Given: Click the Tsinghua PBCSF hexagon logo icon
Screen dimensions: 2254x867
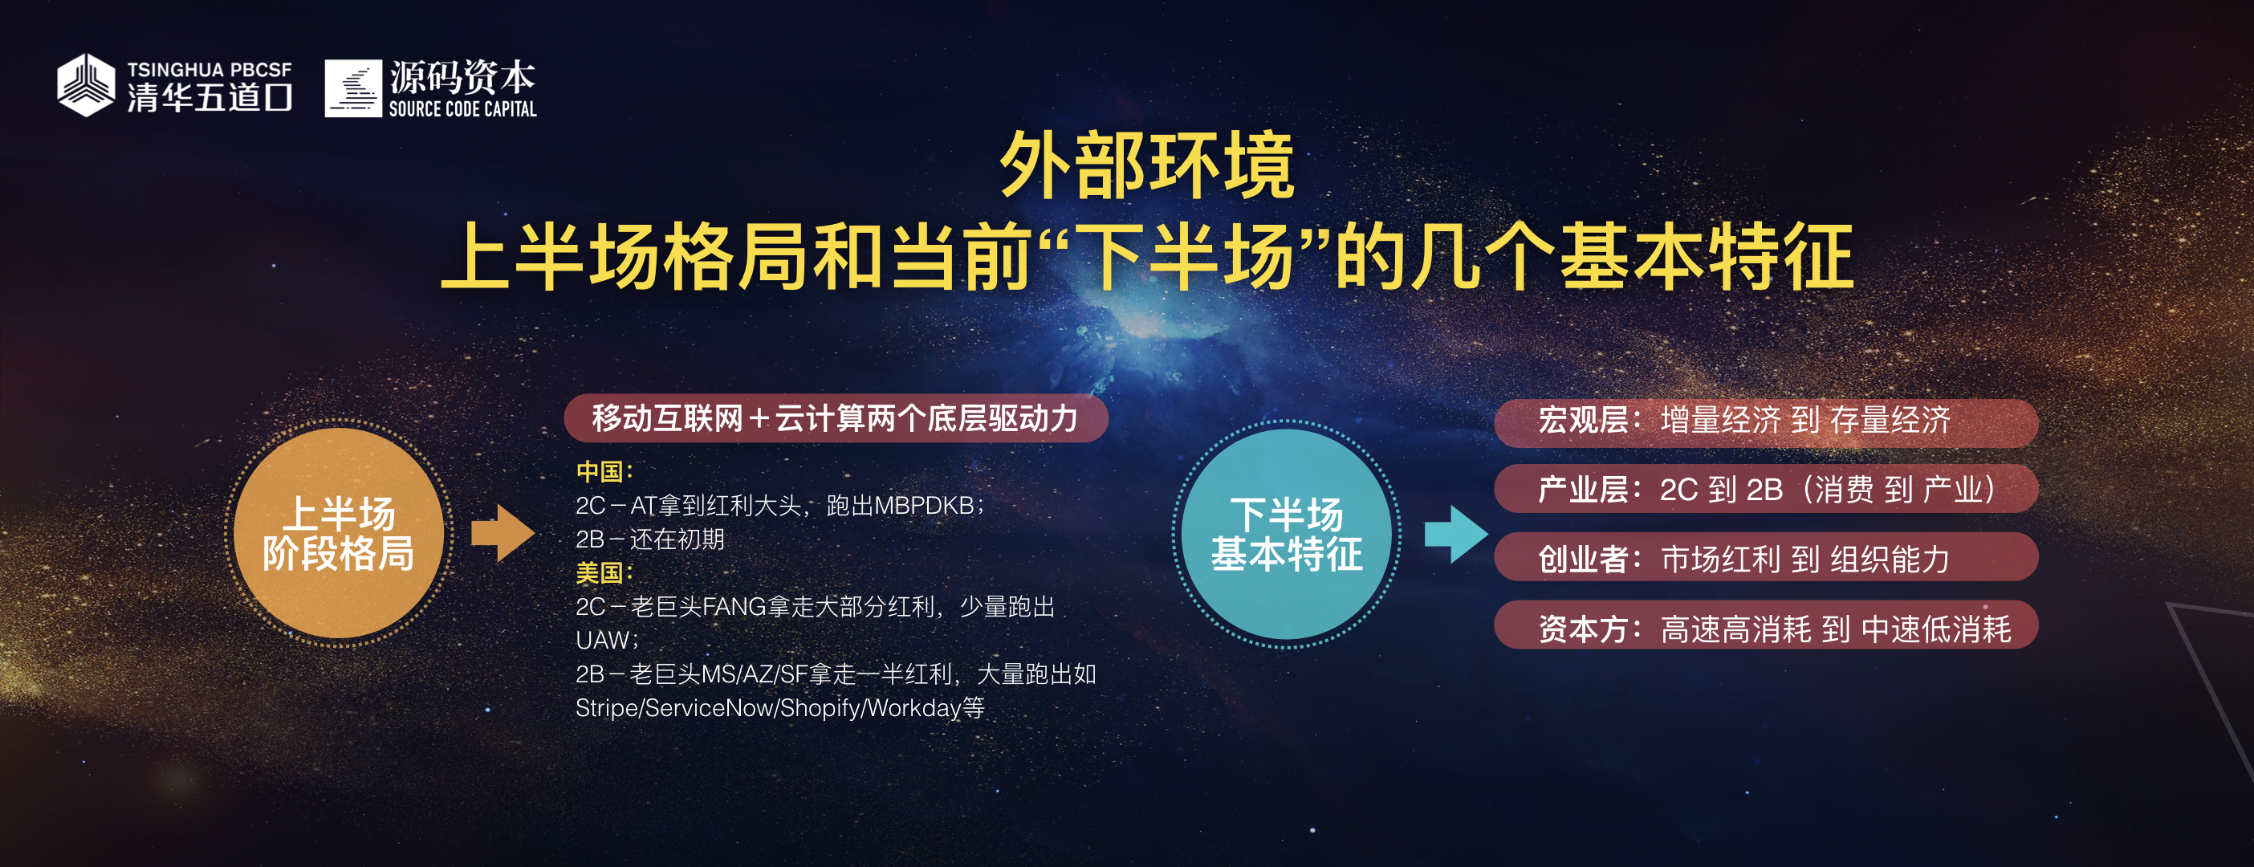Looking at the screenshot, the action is click(x=86, y=85).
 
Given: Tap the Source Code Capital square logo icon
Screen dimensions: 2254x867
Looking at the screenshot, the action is click(x=353, y=88).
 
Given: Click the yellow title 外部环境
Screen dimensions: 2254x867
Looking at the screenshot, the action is click(x=1147, y=165).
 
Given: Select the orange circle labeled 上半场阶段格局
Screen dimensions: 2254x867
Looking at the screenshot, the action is click(x=339, y=533).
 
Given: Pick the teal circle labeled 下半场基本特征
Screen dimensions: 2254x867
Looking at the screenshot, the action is click(x=1286, y=534).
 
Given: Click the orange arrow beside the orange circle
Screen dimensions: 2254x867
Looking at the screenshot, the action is click(x=503, y=533).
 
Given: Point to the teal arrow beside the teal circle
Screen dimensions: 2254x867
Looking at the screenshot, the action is click(x=1456, y=533).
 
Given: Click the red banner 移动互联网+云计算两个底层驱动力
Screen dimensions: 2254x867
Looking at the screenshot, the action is click(x=836, y=418).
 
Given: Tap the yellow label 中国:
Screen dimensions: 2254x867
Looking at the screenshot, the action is click(x=604, y=471).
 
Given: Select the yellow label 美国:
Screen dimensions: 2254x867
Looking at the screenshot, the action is click(x=604, y=573).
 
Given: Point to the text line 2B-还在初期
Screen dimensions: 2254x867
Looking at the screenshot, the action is click(x=650, y=539).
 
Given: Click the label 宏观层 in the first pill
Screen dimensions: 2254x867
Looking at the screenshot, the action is click(x=1583, y=420).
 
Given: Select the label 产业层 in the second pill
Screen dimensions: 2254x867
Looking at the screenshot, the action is click(x=1583, y=489).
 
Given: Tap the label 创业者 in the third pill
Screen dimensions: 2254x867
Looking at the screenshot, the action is click(x=1583, y=559).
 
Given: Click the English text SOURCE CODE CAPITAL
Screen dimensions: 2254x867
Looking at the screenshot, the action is click(x=463, y=108).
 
